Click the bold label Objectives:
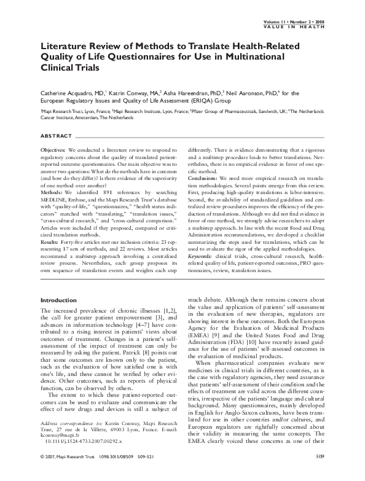(x=53, y=150)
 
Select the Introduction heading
(x=58, y=299)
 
